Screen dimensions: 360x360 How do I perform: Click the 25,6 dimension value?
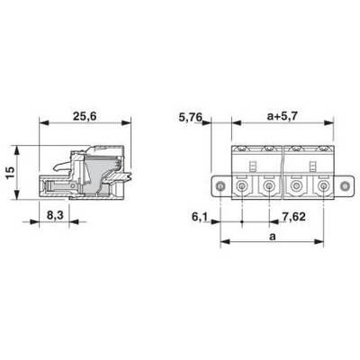point(85,116)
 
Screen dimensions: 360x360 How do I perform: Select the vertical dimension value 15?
point(10,173)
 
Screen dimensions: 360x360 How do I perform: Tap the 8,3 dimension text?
point(54,215)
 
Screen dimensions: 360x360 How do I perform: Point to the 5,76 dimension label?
point(191,117)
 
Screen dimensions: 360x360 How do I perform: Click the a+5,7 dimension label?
point(282,116)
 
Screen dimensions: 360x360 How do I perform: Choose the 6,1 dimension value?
point(199,217)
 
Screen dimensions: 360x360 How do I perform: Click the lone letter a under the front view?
point(272,237)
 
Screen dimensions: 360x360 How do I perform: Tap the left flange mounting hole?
point(220,186)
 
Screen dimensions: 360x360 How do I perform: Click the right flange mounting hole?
point(345,186)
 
